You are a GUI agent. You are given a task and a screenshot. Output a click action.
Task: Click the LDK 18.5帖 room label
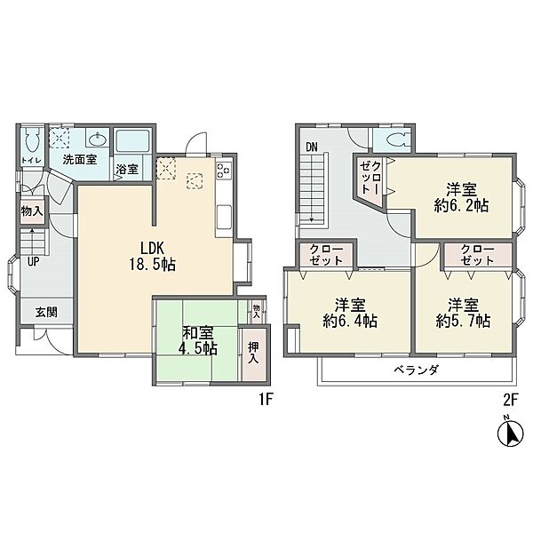point(152,257)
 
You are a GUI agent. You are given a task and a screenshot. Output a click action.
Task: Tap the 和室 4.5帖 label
point(198,340)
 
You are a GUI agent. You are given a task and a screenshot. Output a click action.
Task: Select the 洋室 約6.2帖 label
point(461,197)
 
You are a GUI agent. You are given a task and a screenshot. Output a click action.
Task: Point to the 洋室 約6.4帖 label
point(350,313)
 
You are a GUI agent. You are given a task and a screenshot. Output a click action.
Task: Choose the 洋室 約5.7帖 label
point(463,313)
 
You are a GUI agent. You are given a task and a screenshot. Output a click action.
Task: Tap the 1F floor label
point(266,400)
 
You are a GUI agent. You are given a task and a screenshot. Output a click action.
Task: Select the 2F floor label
point(510,400)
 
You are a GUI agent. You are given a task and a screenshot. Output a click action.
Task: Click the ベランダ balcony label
point(416,370)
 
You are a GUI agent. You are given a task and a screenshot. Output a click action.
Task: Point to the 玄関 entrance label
point(46,312)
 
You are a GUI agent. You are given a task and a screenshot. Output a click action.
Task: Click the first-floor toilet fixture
point(33,140)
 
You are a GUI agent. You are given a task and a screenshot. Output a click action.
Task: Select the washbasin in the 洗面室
point(99,139)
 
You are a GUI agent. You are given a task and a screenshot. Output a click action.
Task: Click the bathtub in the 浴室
point(132,141)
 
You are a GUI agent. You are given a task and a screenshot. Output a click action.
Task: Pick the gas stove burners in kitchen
point(224,169)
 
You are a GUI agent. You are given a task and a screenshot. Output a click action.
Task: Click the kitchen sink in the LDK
point(224,217)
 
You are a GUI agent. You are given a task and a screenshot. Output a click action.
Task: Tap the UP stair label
point(34,261)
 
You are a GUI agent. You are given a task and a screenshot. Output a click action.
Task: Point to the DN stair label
point(312,147)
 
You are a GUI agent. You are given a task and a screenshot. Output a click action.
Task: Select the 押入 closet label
point(253,353)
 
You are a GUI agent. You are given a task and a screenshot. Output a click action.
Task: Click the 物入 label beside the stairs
point(32,211)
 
